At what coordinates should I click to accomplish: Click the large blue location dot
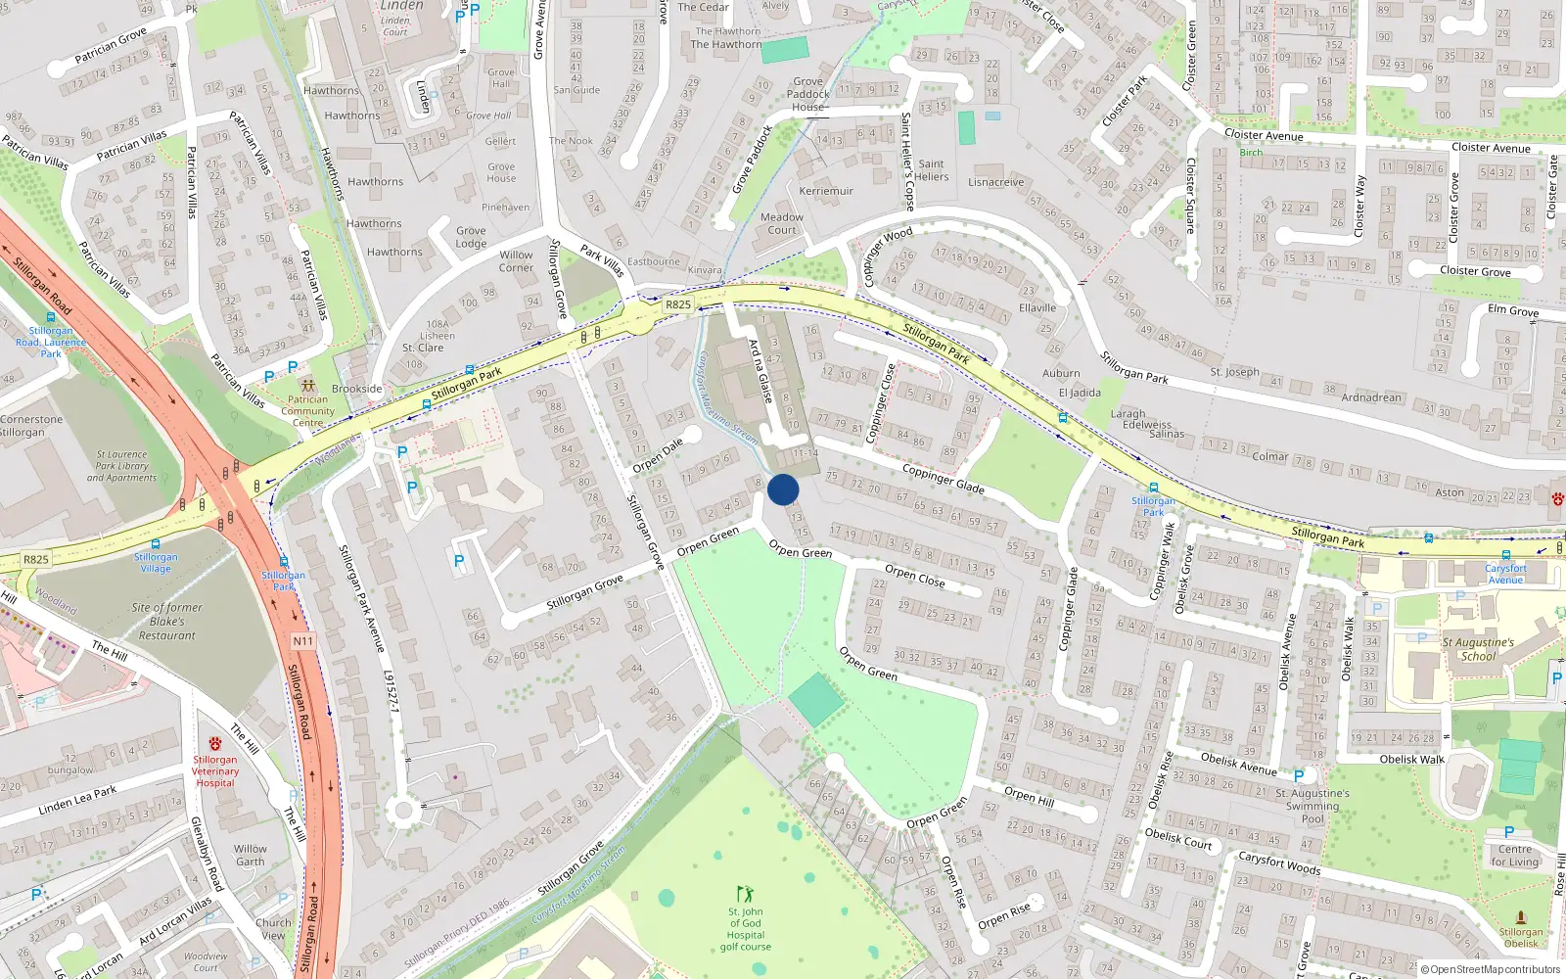pyautogui.click(x=783, y=489)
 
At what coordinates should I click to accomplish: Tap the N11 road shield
pyautogui.click(x=303, y=641)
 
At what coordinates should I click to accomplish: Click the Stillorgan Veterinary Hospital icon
pyautogui.click(x=215, y=743)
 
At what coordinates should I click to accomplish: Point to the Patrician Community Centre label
pyautogui.click(x=308, y=411)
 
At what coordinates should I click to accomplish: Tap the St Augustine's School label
pyautogui.click(x=1478, y=649)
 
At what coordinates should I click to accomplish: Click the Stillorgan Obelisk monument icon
pyautogui.click(x=1520, y=917)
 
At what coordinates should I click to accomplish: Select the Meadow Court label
pyautogui.click(x=782, y=224)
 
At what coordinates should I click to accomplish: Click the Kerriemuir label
pyautogui.click(x=826, y=191)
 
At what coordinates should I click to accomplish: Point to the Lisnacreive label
pyautogui.click(x=996, y=182)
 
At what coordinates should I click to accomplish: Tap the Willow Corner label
pyautogui.click(x=516, y=261)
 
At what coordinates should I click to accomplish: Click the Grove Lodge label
pyautogui.click(x=471, y=238)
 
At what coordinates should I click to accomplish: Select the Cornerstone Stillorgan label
pyautogui.click(x=31, y=426)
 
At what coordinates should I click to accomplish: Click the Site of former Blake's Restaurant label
pyautogui.click(x=167, y=622)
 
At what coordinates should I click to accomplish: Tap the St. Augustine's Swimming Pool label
pyautogui.click(x=1313, y=806)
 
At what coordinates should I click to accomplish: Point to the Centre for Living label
pyautogui.click(x=1515, y=856)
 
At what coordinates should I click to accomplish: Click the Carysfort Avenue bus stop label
pyautogui.click(x=1505, y=574)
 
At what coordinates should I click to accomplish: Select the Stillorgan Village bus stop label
pyautogui.click(x=156, y=562)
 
